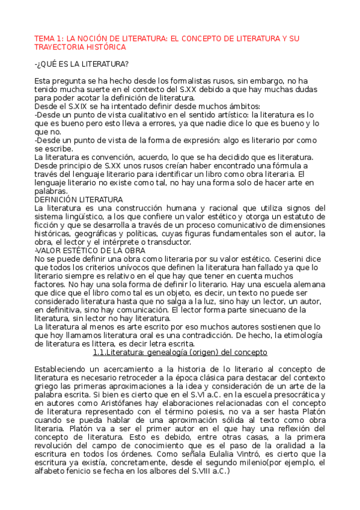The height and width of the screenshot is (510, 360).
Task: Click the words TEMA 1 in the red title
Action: pos(47,38)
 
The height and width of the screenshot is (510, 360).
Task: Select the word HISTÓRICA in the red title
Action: pos(106,47)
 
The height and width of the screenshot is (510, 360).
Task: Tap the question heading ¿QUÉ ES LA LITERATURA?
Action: pos(82,64)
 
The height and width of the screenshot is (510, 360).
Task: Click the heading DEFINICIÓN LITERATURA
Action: pos(79,199)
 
